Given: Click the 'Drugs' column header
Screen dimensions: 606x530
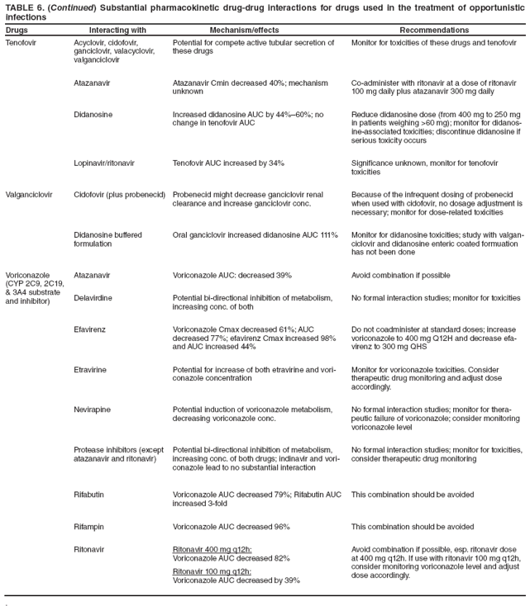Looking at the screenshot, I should (x=17, y=30).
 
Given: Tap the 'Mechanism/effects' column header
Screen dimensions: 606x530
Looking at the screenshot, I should (x=244, y=30).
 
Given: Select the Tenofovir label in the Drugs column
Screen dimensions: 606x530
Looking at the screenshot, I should (x=21, y=42).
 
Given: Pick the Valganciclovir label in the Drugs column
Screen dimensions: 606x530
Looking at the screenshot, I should (x=29, y=195).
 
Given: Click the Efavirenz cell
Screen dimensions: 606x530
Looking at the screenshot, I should (x=89, y=329).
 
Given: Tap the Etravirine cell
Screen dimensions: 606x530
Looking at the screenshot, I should (x=90, y=367).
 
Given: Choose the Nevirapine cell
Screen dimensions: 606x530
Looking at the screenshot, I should (x=92, y=407).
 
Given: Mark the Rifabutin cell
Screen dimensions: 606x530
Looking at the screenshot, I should (x=90, y=495).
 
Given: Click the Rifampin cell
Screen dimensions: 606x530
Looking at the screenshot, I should (x=90, y=526).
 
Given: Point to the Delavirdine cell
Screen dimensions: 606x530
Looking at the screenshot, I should (x=93, y=297).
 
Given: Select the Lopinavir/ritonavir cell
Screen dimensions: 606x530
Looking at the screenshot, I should (x=104, y=163).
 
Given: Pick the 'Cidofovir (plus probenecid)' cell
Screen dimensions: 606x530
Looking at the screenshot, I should (x=120, y=195).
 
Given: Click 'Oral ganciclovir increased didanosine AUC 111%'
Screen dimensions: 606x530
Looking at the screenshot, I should (x=255, y=234).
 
